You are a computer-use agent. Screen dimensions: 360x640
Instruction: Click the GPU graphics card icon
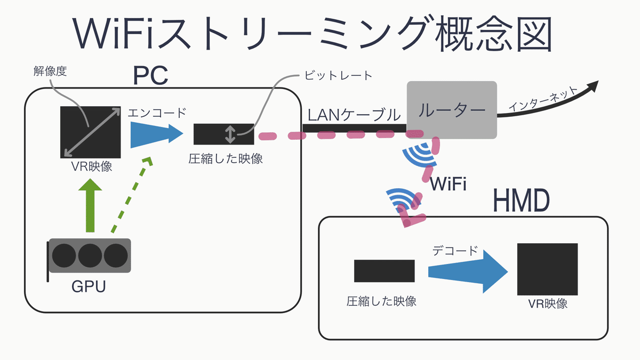tap(90, 255)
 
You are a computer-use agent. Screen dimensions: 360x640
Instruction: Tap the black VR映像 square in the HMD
tap(547, 269)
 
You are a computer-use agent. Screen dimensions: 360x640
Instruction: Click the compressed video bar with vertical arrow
tap(223, 134)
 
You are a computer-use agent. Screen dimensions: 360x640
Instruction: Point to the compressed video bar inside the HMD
tap(384, 271)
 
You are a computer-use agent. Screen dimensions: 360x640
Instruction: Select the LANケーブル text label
tap(354, 114)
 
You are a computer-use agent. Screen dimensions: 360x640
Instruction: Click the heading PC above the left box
tap(151, 76)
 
